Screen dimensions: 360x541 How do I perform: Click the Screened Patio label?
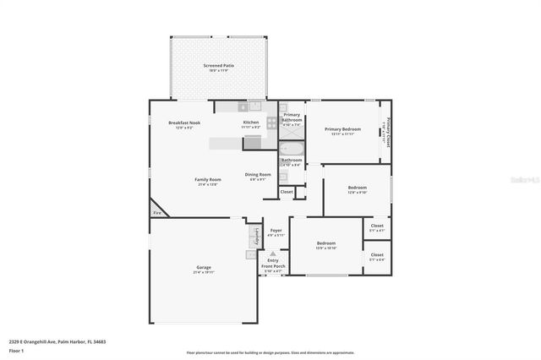pos(218,65)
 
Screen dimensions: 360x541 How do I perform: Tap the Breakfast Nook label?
pos(184,123)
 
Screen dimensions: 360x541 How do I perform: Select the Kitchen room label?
pos(251,123)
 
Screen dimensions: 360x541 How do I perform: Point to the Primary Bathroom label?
pos(292,117)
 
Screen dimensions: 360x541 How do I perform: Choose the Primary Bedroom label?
pos(342,129)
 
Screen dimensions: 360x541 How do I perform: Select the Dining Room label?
pos(258,175)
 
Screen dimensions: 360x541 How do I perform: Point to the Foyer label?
pos(276,230)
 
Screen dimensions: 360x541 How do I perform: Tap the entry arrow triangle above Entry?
pos(272,253)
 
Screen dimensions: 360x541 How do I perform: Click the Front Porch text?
pos(273,266)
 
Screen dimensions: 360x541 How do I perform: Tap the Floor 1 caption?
pos(16,351)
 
